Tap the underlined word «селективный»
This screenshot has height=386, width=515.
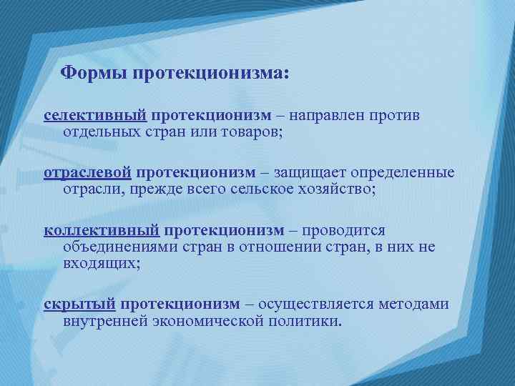95,115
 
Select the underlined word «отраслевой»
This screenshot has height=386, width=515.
88,173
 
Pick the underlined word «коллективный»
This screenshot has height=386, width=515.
102,231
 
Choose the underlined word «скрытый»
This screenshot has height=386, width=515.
79,305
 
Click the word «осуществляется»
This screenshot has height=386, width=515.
315,305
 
